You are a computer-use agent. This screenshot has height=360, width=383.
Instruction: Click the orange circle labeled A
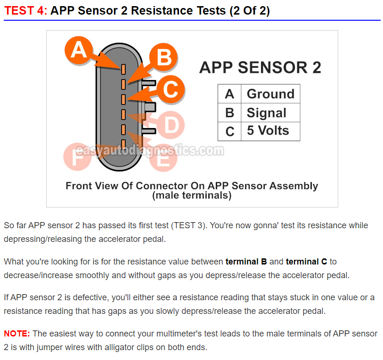[79, 50]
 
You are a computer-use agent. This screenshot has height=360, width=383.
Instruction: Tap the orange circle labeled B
[163, 57]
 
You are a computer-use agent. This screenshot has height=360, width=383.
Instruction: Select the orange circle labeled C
[170, 89]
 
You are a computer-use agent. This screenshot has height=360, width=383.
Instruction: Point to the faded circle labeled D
[171, 125]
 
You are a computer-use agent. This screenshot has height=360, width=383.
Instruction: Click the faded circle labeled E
[163, 158]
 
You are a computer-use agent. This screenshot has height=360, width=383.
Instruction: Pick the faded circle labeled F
[77, 157]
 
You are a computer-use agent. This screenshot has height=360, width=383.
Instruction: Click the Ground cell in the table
[270, 94]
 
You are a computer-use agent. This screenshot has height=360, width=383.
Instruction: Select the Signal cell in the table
[270, 113]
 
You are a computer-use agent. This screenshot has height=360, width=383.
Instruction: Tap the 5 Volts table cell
[270, 131]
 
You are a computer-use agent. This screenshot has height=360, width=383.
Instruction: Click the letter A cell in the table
[229, 94]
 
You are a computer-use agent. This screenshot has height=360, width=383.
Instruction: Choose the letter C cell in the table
[229, 131]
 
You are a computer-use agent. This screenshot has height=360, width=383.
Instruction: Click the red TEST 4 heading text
[25, 11]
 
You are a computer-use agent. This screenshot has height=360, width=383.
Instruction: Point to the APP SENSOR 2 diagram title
[260, 67]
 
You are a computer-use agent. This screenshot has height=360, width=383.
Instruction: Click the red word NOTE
[17, 333]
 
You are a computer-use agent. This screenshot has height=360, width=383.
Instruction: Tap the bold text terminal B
[246, 261]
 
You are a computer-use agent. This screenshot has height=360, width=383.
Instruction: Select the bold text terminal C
[307, 261]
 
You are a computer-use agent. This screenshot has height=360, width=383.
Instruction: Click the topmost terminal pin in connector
[123, 69]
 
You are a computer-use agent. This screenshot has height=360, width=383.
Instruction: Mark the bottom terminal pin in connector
[123, 144]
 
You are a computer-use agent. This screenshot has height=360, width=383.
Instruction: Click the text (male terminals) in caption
[192, 195]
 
